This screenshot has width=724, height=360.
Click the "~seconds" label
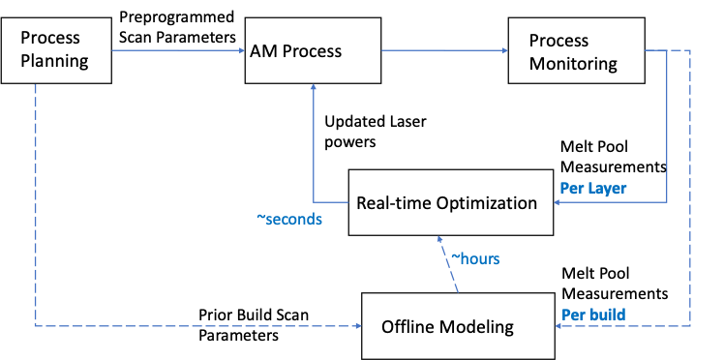point(288,220)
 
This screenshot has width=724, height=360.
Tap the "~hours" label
point(474,259)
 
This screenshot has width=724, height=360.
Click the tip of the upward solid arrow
point(314,85)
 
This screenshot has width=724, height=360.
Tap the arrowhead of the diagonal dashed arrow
point(439,237)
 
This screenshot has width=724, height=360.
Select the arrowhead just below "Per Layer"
point(557,202)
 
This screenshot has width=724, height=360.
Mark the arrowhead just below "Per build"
point(558,326)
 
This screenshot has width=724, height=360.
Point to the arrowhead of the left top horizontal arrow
point(242,50)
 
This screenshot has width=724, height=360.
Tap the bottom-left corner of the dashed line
point(36,326)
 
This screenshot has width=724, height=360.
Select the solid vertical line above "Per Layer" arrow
point(667,126)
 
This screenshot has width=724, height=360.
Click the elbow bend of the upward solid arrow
point(314,202)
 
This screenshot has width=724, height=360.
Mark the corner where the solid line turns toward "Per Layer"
point(667,202)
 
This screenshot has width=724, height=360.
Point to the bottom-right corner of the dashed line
point(690,326)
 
